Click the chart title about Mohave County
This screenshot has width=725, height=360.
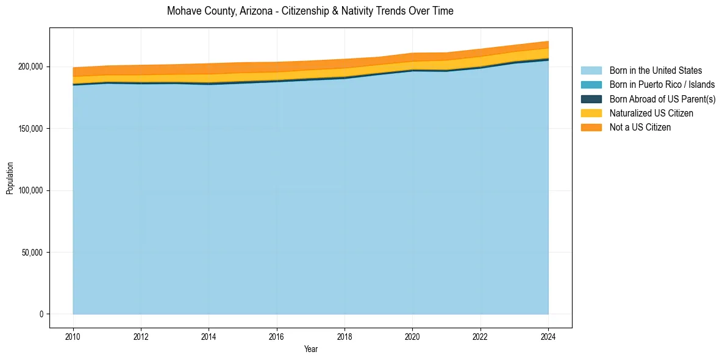pos(310,11)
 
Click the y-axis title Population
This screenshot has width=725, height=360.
pos(10,178)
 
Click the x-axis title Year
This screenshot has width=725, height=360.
pos(310,349)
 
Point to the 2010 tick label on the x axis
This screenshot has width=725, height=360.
pos(73,336)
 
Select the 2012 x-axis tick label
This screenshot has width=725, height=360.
pos(141,336)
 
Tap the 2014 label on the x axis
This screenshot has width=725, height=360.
pos(209,336)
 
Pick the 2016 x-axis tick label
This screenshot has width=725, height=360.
pos(277,336)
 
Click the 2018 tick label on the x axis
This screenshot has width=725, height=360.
pos(345,336)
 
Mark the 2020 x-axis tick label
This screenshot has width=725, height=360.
pos(413,336)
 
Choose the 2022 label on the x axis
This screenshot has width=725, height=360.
pos(480,336)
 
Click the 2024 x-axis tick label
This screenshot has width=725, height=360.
pos(548,336)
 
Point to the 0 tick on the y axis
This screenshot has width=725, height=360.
pos(41,314)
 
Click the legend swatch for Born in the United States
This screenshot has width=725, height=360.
pos(591,71)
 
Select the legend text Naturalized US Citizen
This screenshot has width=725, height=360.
pos(651,113)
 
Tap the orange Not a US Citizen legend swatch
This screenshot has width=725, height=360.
pos(591,128)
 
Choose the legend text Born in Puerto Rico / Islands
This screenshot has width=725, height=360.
pos(662,85)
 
